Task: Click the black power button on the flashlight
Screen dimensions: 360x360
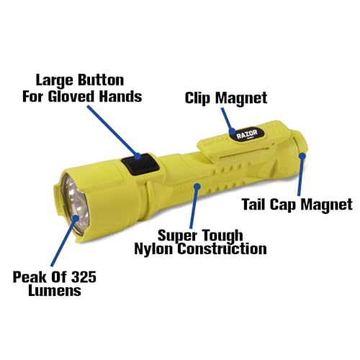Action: [140, 165]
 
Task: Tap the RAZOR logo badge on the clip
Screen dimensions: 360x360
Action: [246, 135]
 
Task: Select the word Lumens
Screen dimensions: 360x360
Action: [55, 291]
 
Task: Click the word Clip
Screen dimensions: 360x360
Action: [197, 98]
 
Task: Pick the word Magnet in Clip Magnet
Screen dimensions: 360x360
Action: [240, 98]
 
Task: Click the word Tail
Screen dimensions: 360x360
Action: [253, 204]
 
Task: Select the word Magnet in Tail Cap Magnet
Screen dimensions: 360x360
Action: [326, 204]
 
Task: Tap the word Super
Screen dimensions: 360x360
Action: [174, 236]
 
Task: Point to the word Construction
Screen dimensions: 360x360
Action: [222, 248]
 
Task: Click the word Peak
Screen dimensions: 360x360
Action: [27, 277]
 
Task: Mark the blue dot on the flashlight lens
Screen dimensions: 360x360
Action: [76, 218]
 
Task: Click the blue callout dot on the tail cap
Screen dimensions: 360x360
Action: [302, 156]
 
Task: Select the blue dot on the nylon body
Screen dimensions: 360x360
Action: [197, 186]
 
